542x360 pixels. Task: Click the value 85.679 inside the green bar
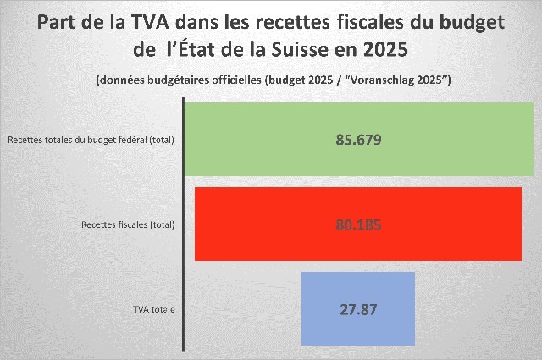359,139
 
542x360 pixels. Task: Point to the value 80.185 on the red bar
359,224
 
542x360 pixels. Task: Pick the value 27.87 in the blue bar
358,308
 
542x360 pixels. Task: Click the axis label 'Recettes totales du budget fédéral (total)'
91,140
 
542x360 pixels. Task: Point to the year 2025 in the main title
387,49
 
